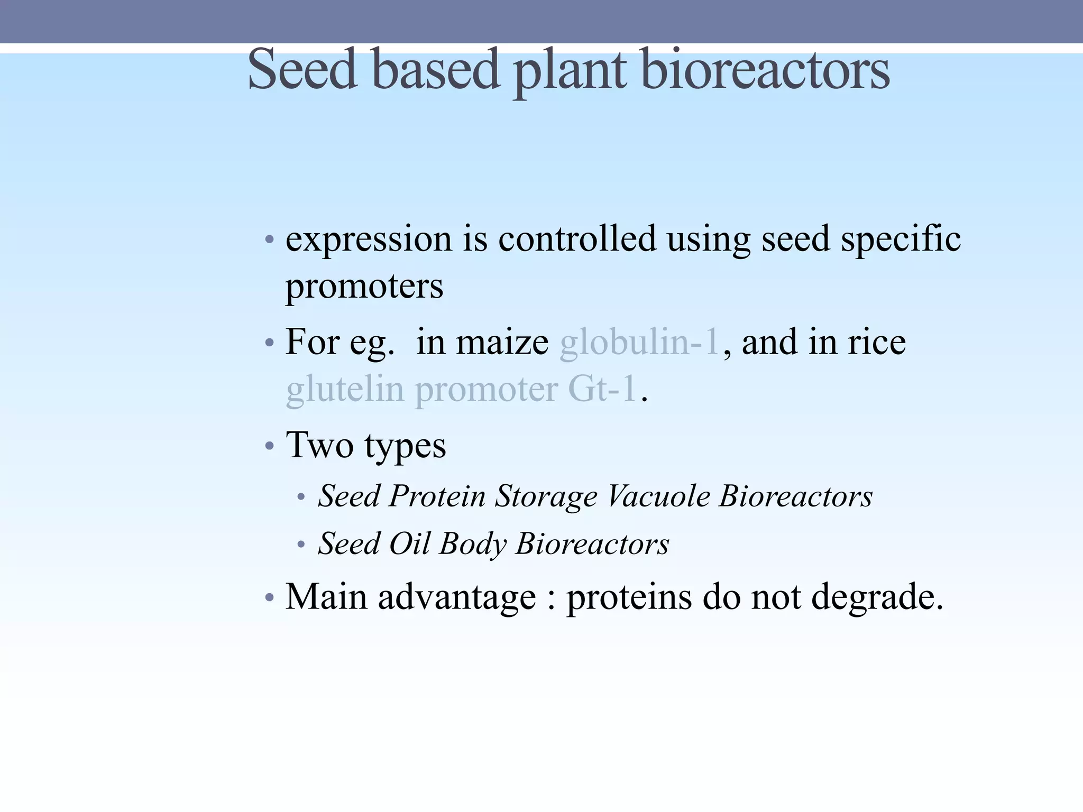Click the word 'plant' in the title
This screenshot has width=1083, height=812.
click(571, 71)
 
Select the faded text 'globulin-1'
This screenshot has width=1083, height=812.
click(639, 342)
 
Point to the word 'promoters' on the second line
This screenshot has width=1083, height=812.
click(364, 287)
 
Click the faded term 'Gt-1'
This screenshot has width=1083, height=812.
click(602, 389)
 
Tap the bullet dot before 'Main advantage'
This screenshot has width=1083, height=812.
click(270, 598)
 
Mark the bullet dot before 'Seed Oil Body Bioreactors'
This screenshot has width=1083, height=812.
click(301, 545)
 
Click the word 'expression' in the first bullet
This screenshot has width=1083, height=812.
click(369, 239)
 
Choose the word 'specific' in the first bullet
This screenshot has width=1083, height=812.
click(901, 239)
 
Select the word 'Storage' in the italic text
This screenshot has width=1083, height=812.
click(546, 496)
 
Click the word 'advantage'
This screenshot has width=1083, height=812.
click(457, 597)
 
